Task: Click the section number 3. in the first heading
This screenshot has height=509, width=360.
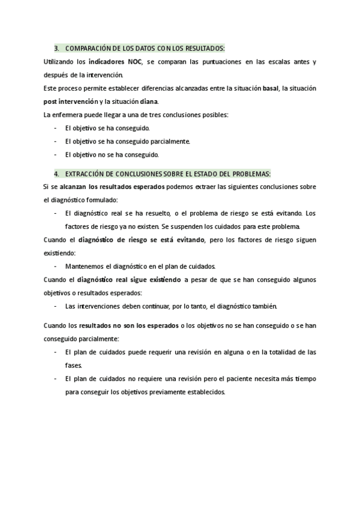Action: [x=56, y=48]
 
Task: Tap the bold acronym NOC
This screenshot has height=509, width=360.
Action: [x=135, y=62]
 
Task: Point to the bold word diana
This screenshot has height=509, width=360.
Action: [x=148, y=101]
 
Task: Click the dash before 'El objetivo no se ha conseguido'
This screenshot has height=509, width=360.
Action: [x=55, y=154]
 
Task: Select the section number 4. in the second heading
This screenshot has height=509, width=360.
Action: [x=56, y=173]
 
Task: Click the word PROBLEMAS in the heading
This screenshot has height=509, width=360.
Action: [x=251, y=173]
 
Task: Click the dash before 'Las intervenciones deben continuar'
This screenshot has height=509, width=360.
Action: [x=55, y=306]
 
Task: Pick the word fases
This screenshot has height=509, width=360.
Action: [x=73, y=365]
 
